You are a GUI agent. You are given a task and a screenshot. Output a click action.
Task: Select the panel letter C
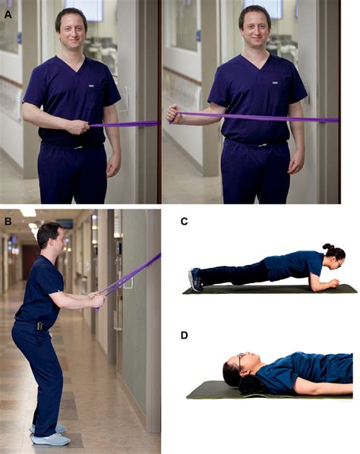(185, 222)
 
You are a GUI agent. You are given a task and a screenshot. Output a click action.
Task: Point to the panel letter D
(185, 335)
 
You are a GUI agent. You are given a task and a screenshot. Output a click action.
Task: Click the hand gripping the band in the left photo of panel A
(79, 125)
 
